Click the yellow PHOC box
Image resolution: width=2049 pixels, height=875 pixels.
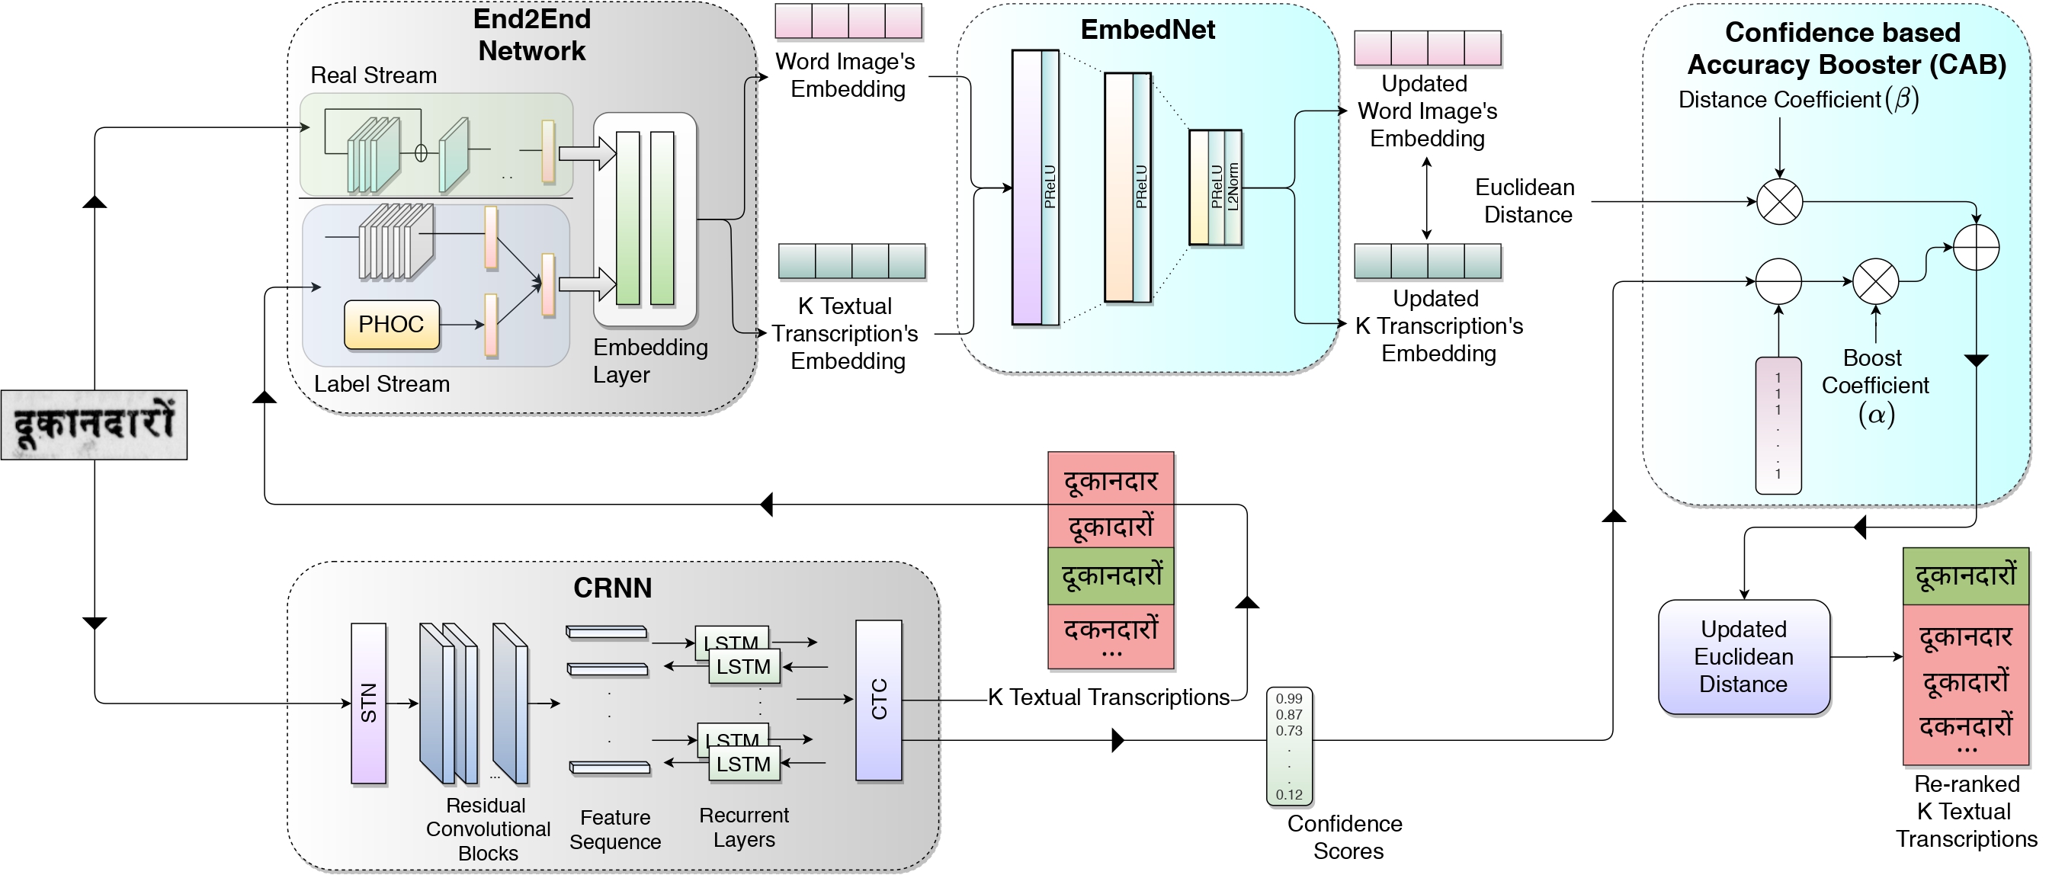[391, 325]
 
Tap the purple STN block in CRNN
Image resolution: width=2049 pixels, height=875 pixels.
[368, 704]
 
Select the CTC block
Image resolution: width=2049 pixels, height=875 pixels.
[878, 700]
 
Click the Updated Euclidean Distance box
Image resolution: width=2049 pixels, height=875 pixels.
[1743, 657]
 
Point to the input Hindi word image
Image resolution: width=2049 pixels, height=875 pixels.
[94, 425]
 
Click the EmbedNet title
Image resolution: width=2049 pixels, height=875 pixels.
[1147, 30]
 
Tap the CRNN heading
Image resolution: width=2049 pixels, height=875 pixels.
[612, 588]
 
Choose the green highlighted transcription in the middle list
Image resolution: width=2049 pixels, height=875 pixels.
[1111, 575]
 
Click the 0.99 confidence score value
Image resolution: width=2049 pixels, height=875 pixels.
[1288, 698]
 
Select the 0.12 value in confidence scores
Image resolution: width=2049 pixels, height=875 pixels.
[1288, 794]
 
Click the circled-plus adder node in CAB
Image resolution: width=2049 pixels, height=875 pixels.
[1976, 248]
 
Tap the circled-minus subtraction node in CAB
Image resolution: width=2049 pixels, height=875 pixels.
[1778, 281]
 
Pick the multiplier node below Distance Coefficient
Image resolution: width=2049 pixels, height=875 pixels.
[1779, 201]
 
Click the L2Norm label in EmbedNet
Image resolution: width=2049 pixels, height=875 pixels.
[1233, 187]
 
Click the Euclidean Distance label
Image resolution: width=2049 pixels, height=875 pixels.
[1525, 200]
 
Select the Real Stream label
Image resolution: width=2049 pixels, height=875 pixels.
[374, 75]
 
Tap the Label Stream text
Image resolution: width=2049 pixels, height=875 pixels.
[382, 384]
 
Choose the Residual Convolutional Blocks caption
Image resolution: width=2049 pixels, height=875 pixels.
[488, 829]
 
